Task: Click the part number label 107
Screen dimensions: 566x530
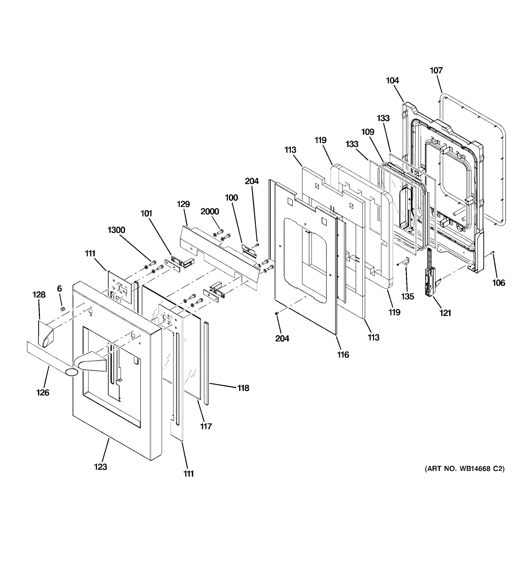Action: coord(436,70)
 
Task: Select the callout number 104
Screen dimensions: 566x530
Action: coord(392,81)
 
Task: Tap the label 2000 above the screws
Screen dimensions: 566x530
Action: coord(210,211)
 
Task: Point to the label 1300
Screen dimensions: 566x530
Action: coord(116,230)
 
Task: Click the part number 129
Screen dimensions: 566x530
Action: coord(183,204)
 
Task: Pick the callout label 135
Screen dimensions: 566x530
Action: coord(407,296)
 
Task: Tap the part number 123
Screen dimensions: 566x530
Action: coord(101,467)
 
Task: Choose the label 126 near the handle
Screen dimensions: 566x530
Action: coord(43,392)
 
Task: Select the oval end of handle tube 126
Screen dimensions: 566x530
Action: coord(71,372)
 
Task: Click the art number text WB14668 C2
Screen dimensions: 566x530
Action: coord(464,469)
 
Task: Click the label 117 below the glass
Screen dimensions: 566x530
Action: coord(206,426)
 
